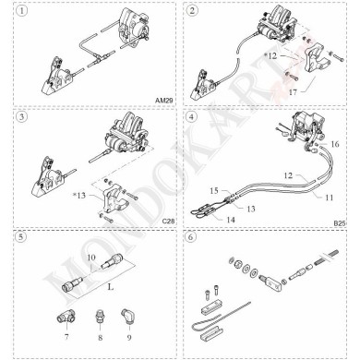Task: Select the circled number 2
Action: pos(191,11)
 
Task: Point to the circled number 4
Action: pos(191,119)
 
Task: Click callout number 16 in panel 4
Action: pos(334,144)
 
